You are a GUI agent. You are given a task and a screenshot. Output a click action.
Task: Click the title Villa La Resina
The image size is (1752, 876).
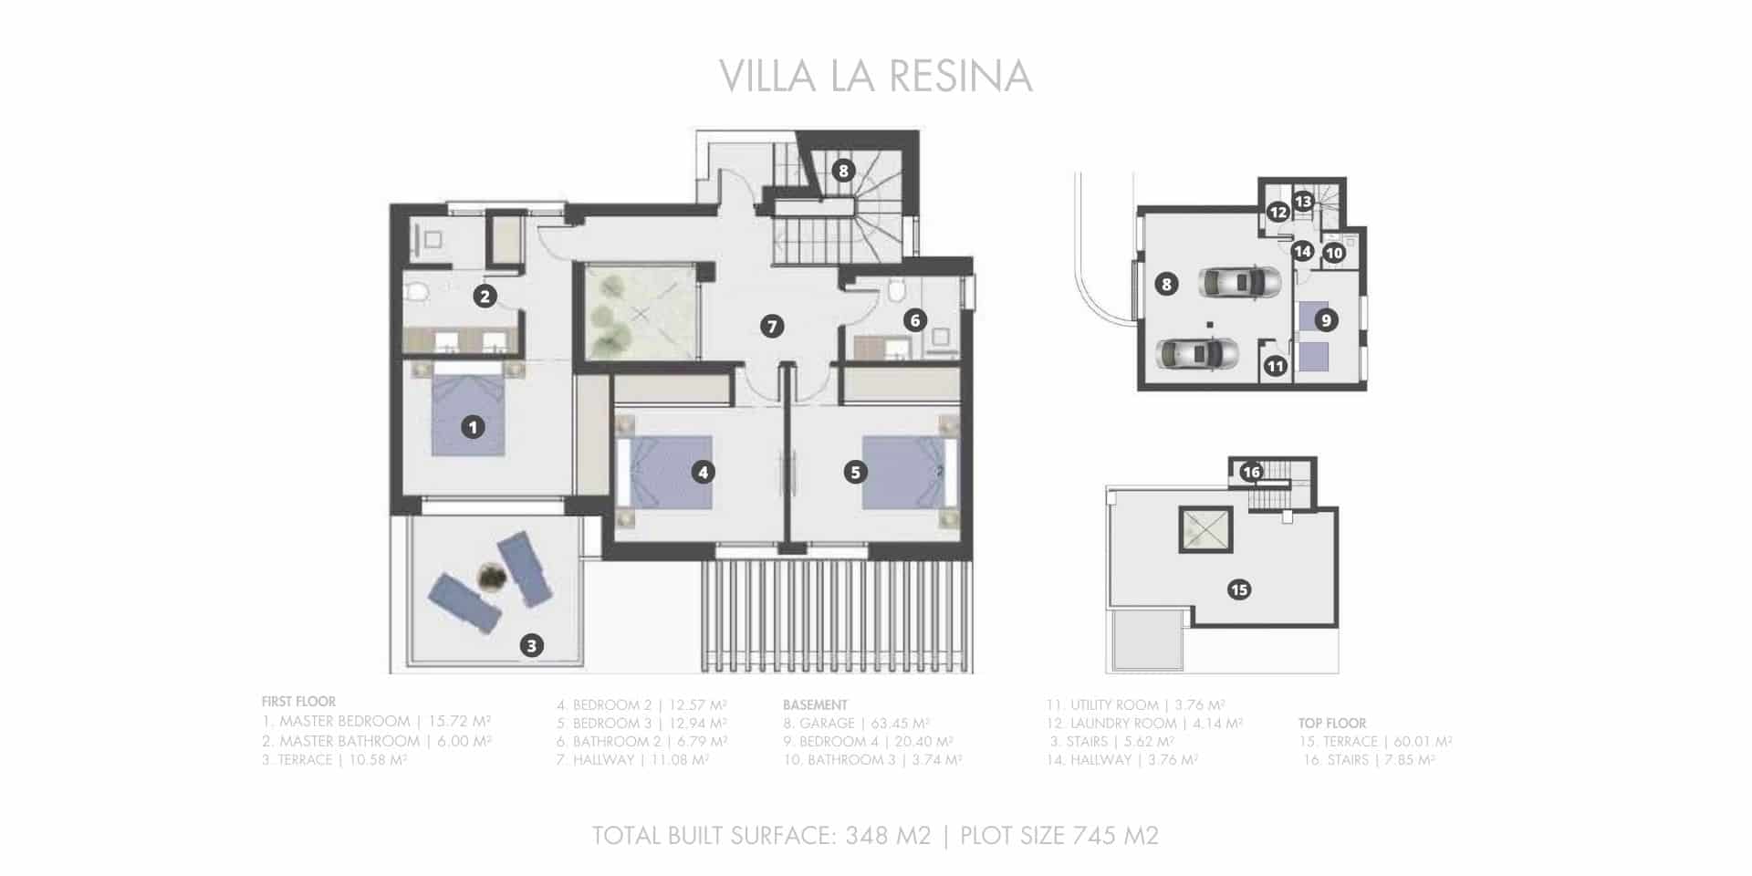[875, 77]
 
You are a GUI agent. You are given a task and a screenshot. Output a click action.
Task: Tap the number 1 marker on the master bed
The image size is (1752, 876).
[473, 426]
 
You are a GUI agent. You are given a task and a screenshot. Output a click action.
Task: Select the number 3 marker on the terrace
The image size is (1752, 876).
[532, 646]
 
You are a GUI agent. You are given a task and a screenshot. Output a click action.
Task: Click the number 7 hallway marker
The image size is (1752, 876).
[772, 326]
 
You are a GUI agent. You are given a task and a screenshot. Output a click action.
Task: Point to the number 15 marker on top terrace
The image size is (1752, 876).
[1239, 589]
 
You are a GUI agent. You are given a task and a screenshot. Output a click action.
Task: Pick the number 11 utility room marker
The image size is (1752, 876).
[1275, 366]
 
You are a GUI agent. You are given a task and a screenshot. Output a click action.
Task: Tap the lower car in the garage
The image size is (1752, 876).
[1196, 352]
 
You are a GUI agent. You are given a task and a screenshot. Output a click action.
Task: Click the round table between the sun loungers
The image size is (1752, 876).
[492, 577]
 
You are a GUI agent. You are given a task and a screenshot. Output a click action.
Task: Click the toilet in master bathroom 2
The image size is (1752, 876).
[418, 293]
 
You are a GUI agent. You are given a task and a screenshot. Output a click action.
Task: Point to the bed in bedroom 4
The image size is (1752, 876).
[657, 471]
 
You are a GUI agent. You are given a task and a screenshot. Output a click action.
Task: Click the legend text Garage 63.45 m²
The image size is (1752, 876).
[856, 724]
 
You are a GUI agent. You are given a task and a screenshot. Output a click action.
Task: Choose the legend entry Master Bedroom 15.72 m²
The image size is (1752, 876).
[376, 721]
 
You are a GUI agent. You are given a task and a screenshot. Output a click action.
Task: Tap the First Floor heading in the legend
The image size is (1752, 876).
[298, 702]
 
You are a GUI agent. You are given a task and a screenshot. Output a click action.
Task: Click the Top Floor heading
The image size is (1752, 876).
[1332, 723]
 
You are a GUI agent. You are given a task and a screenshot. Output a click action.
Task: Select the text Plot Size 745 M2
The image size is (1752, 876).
[1059, 835]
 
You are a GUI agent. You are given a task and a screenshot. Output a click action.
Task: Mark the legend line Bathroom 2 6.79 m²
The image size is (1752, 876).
[641, 742]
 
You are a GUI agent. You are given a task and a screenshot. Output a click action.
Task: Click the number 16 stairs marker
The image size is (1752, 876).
[1251, 472]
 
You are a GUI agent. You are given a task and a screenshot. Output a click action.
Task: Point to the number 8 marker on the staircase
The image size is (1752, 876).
[843, 171]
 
